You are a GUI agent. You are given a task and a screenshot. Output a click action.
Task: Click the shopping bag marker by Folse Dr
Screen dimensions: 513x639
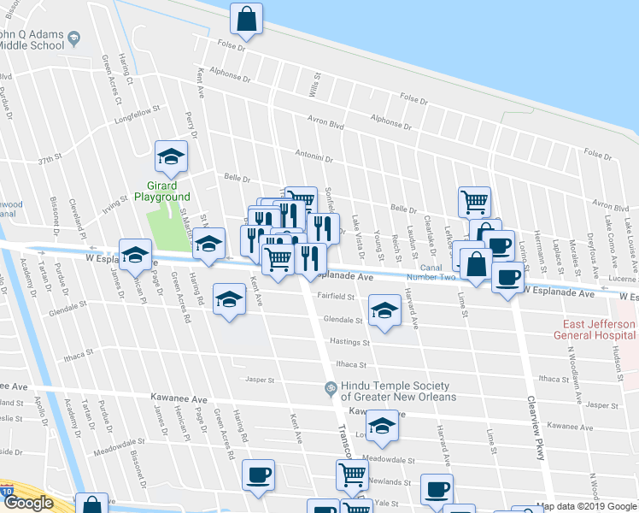point(246,21)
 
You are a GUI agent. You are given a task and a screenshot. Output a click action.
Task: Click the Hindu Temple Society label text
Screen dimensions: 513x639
point(398,391)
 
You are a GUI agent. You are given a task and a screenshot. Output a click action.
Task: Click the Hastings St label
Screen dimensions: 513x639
point(349,342)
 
